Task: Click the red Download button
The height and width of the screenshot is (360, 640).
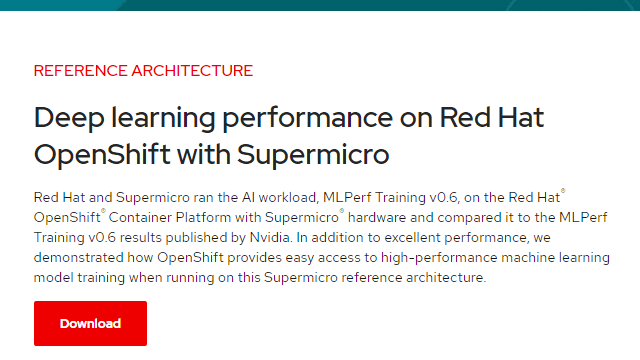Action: [90, 323]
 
